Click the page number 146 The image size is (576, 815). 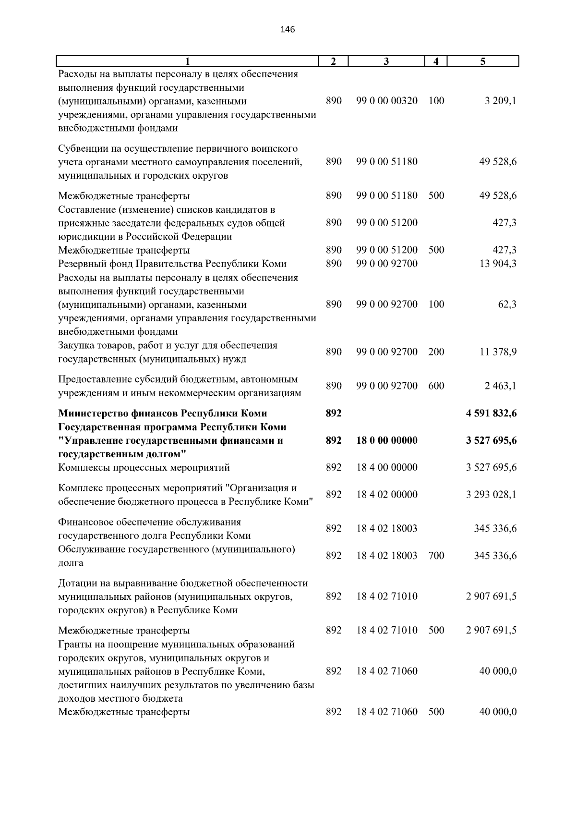(x=287, y=30)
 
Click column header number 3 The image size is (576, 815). (x=386, y=61)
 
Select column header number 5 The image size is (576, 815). (x=483, y=61)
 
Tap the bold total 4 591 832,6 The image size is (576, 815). (x=491, y=413)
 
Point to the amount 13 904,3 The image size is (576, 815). (x=498, y=264)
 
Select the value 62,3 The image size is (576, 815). (x=507, y=304)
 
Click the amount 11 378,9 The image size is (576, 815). (x=498, y=352)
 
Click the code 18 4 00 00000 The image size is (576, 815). (x=387, y=467)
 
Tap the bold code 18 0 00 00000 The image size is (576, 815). (x=387, y=440)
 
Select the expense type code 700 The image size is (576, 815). (x=436, y=556)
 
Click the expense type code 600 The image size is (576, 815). (x=436, y=386)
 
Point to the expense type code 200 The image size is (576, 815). (x=436, y=352)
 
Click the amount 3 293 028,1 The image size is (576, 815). (x=491, y=495)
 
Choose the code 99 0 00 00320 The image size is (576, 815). (x=387, y=101)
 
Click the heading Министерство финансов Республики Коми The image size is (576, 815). (x=162, y=413)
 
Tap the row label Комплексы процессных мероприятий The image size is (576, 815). (x=144, y=467)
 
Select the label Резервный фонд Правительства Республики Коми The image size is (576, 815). (x=172, y=264)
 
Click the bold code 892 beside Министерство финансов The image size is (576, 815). (x=333, y=413)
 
